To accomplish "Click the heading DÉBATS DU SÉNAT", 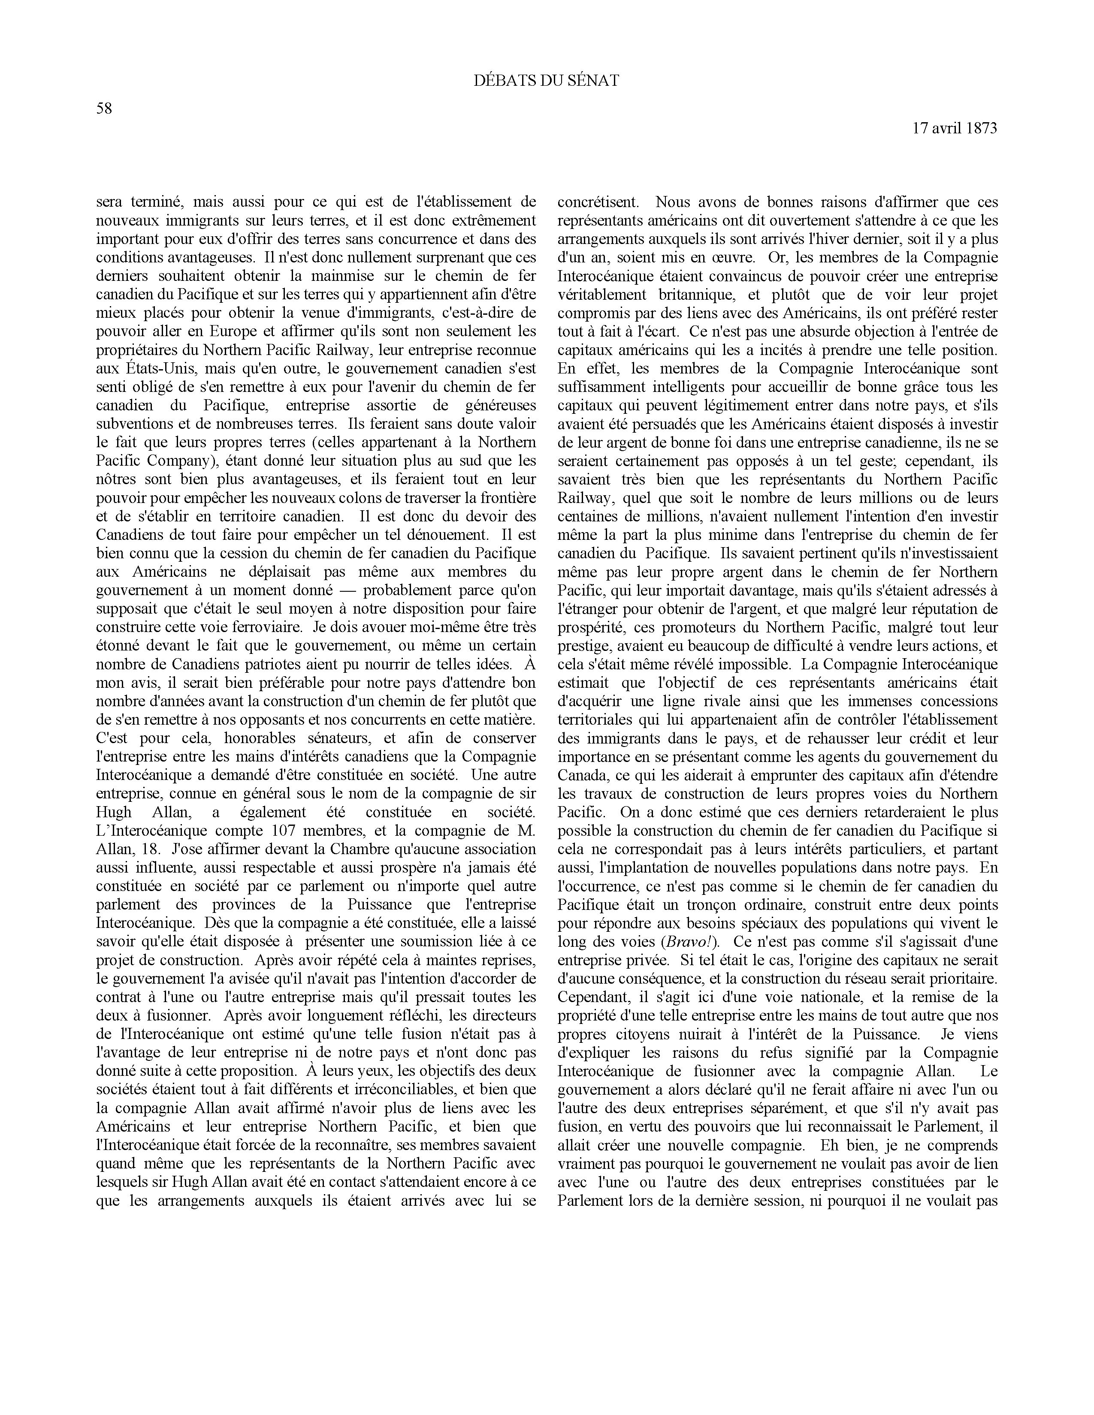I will pos(546,81).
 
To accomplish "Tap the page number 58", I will pos(104,109).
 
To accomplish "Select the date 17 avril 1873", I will pos(955,128).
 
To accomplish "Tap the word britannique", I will pos(692,295).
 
